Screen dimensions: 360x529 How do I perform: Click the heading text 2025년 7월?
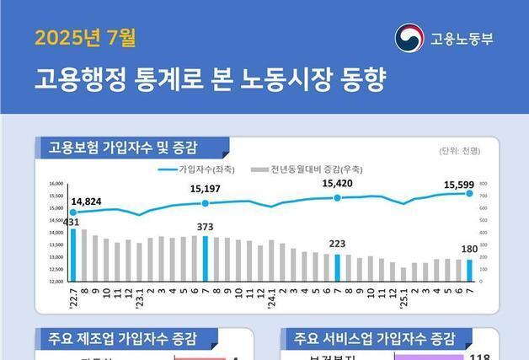(85, 37)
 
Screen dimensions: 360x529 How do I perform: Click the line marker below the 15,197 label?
(205, 203)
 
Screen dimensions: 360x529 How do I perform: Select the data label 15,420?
(337, 183)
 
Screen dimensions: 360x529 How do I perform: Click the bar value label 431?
(72, 222)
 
